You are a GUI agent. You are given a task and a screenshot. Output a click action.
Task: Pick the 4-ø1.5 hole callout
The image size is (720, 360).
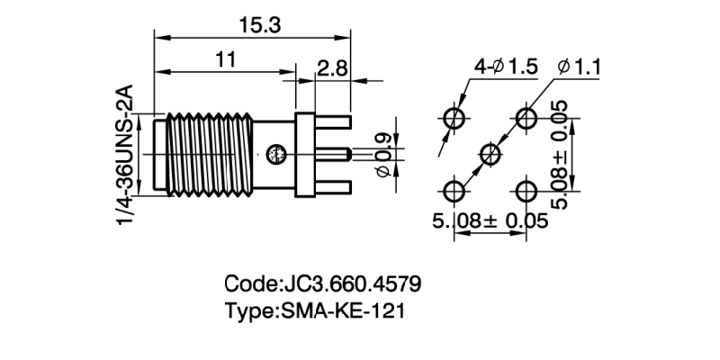[506, 67]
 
